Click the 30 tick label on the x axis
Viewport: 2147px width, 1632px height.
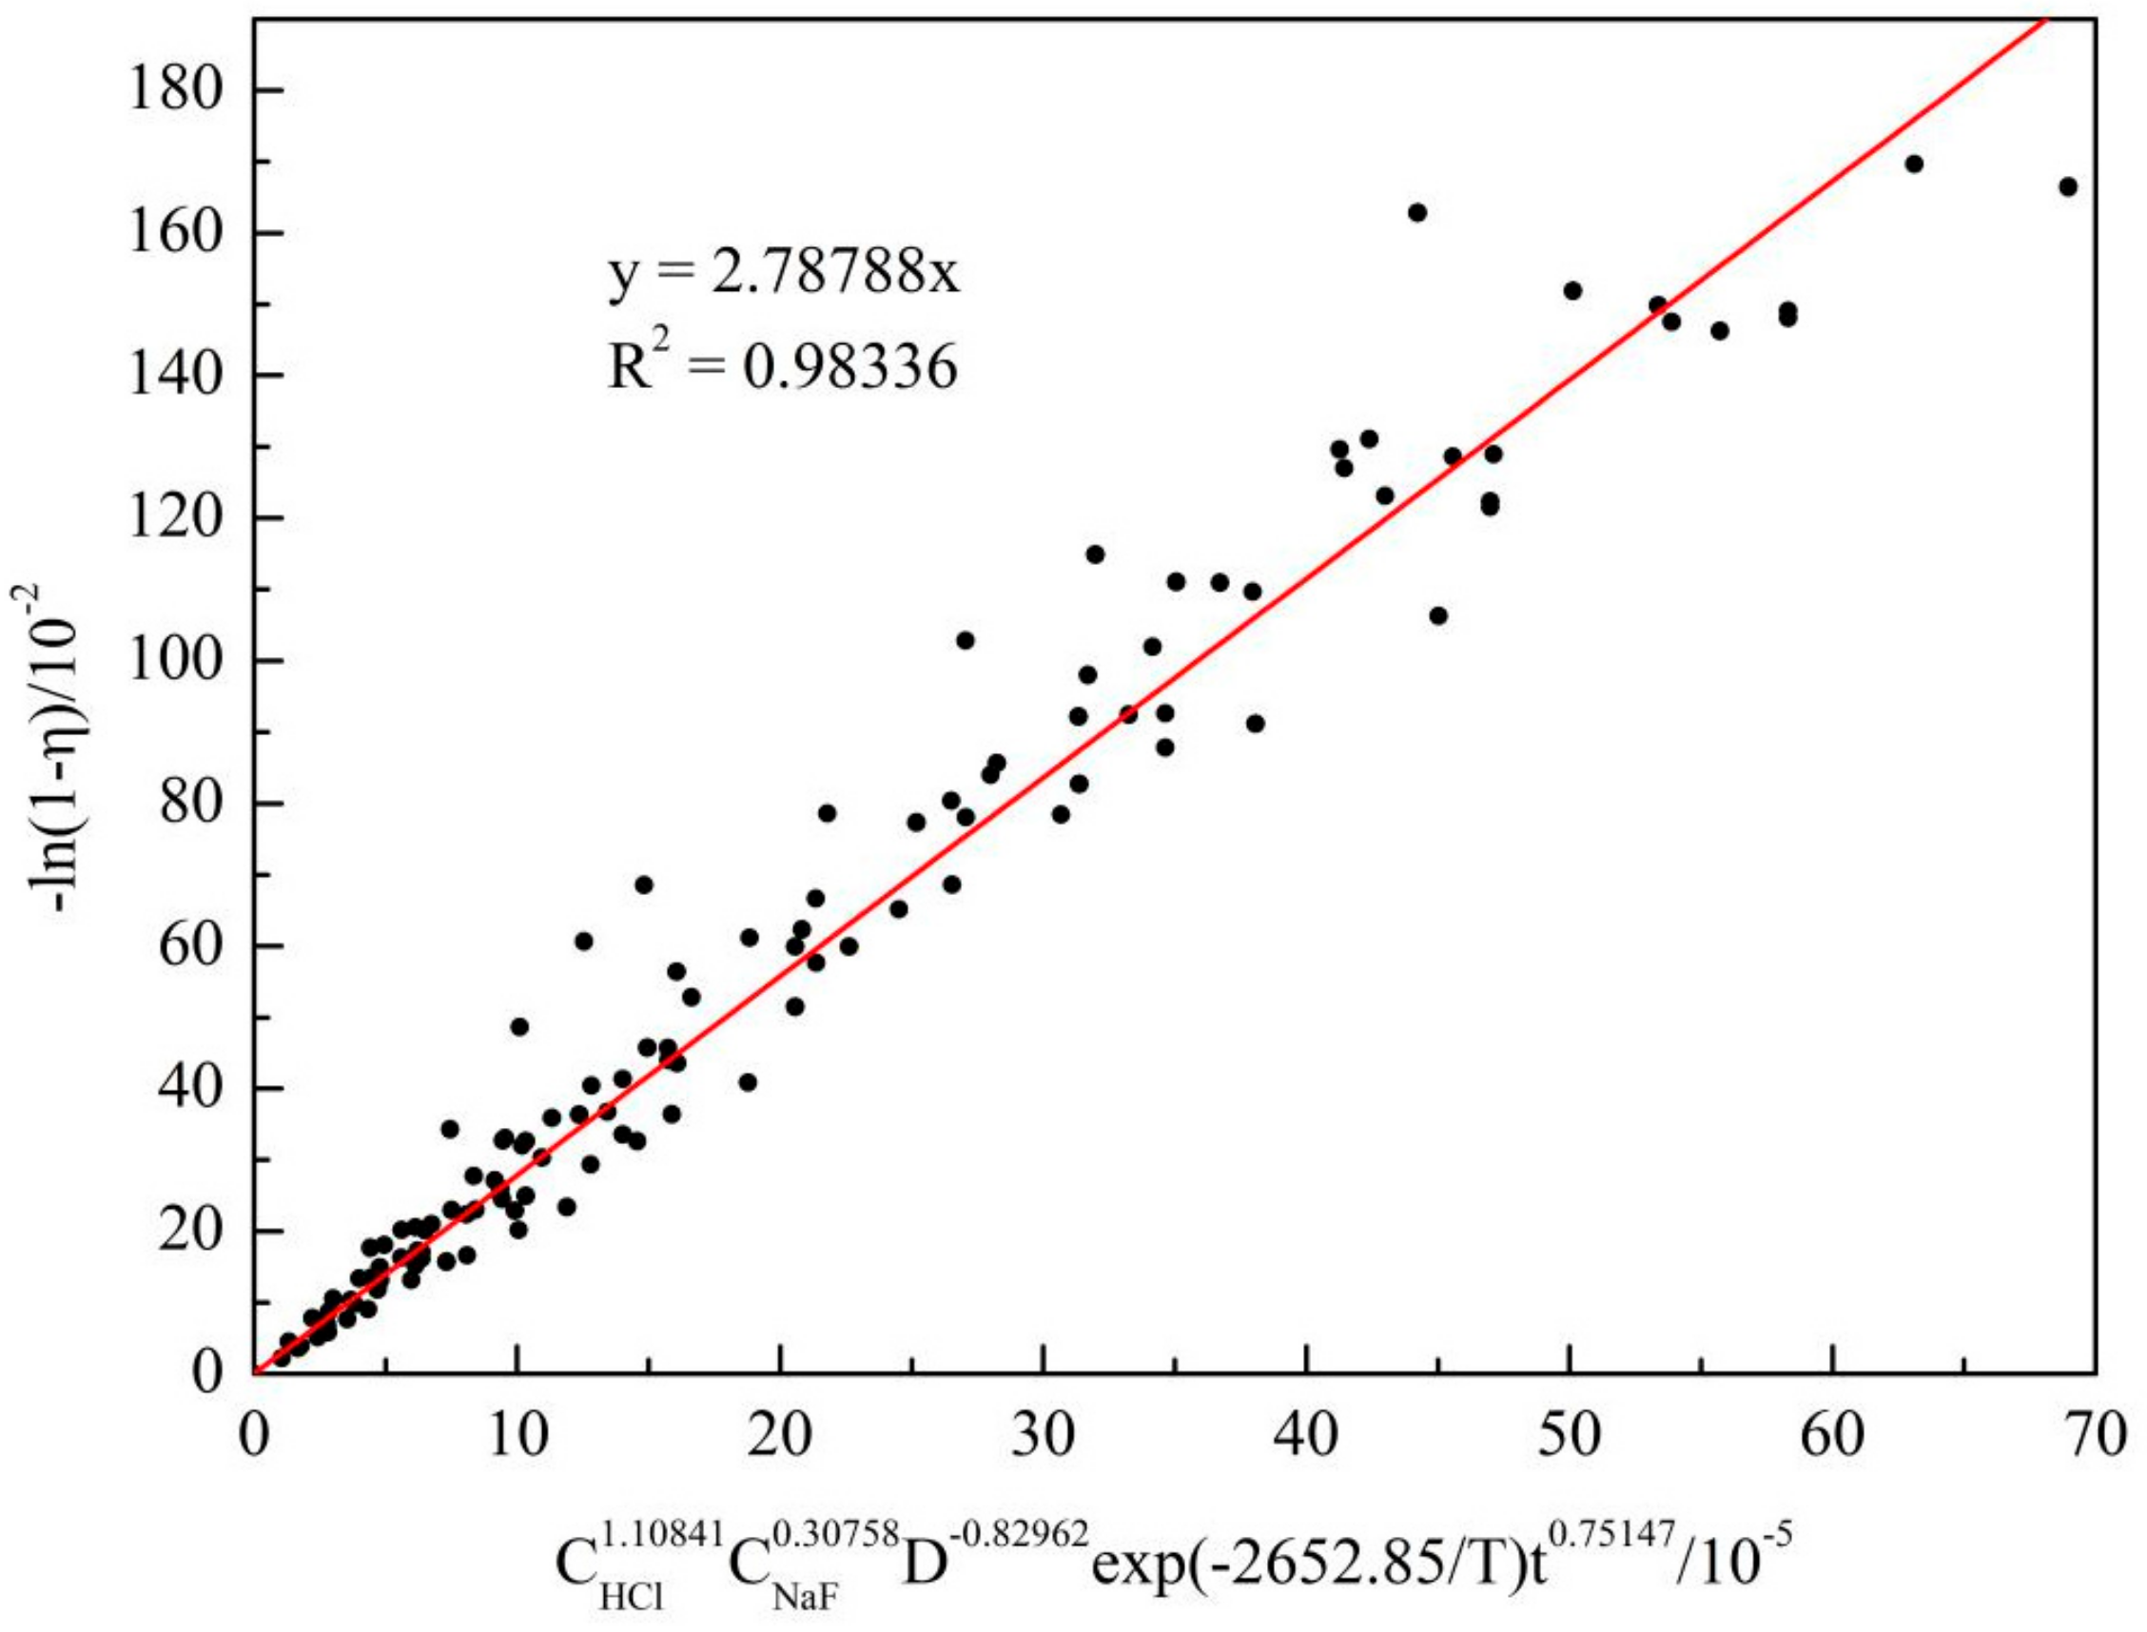[x=1043, y=1436]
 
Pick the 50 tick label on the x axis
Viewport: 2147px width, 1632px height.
[x=1569, y=1436]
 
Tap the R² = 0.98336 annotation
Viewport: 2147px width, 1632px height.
[x=783, y=367]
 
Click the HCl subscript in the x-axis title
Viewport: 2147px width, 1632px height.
[x=633, y=1597]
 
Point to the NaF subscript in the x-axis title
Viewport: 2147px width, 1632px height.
[x=807, y=1597]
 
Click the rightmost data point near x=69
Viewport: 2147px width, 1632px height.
[x=2068, y=186]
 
